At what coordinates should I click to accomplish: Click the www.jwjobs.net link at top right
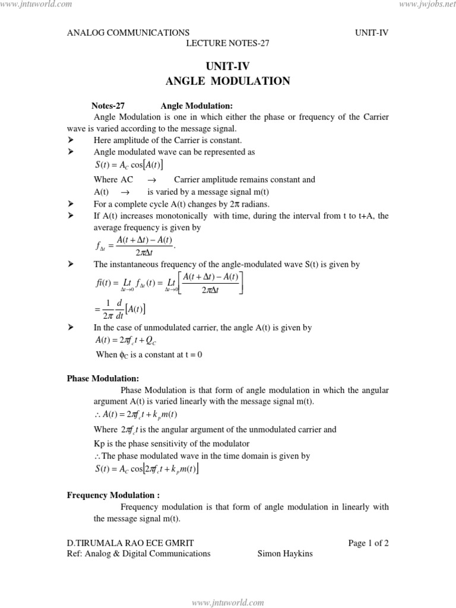423,5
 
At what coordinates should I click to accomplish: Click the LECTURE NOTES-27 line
228,43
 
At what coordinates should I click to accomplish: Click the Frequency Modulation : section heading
113,495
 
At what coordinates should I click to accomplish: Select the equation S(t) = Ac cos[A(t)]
129,165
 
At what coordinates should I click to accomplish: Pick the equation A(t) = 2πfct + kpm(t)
136,414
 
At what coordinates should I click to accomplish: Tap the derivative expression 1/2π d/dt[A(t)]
121,309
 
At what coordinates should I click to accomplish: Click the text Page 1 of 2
368,542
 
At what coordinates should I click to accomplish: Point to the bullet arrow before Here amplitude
71,140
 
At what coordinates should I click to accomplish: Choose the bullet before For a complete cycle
71,204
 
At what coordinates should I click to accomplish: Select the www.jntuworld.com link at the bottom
228,602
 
